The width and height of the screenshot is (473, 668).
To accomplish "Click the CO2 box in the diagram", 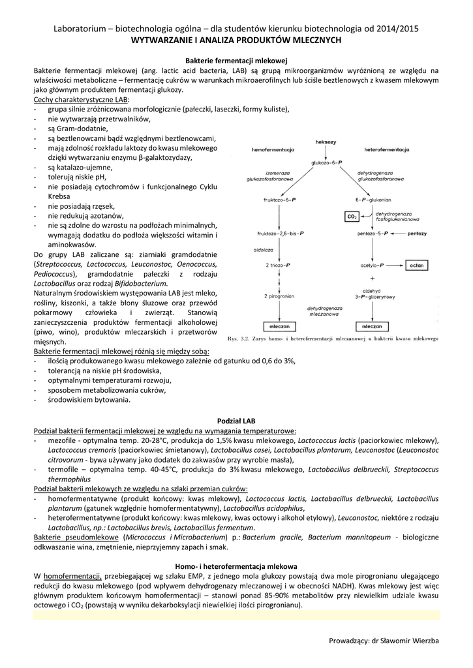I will [x=350, y=216].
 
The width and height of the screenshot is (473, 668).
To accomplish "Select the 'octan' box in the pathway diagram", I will [x=416, y=266].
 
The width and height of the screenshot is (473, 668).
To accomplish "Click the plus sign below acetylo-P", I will [x=371, y=278].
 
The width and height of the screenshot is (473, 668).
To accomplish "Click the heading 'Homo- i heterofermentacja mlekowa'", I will [x=236, y=566].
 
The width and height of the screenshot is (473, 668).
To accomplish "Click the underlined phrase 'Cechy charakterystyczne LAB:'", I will [x=82, y=99].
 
